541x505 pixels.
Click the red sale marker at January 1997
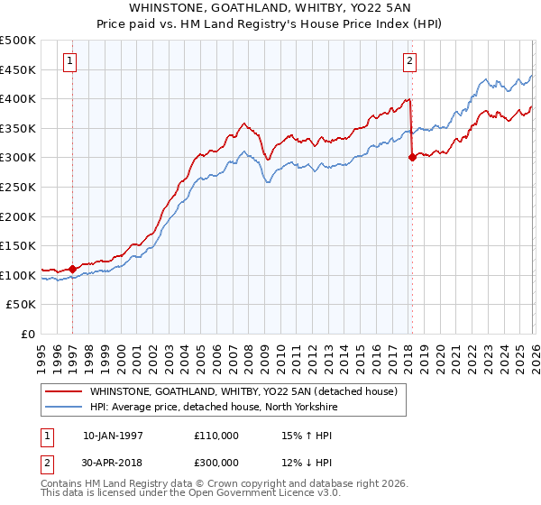click(x=72, y=269)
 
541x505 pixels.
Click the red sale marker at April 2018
click(x=412, y=157)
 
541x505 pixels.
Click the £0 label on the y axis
click(x=29, y=334)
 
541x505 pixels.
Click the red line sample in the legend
click(x=63, y=391)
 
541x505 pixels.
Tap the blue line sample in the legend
click(x=63, y=406)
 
